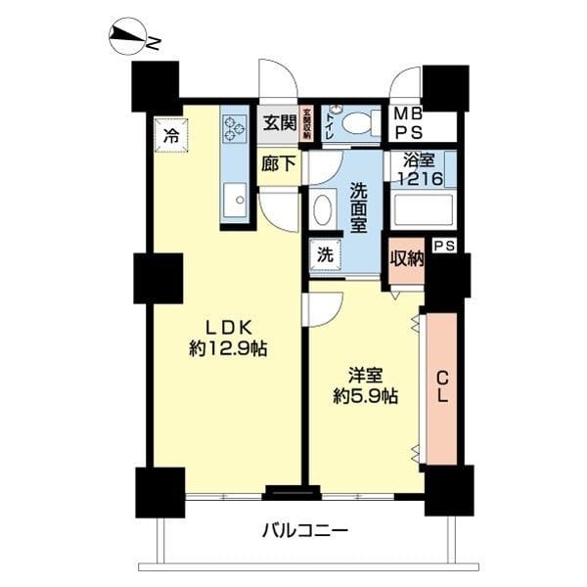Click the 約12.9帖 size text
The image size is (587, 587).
pyautogui.click(x=228, y=348)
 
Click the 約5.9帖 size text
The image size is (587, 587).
pyautogui.click(x=365, y=396)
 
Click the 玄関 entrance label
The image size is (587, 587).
pyautogui.click(x=279, y=123)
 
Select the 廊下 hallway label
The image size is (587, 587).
pyautogui.click(x=279, y=164)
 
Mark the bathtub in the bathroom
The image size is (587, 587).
pyautogui.click(x=421, y=210)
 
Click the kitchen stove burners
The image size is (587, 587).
pyautogui.click(x=235, y=130)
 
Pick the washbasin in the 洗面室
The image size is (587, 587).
pyautogui.click(x=323, y=208)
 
